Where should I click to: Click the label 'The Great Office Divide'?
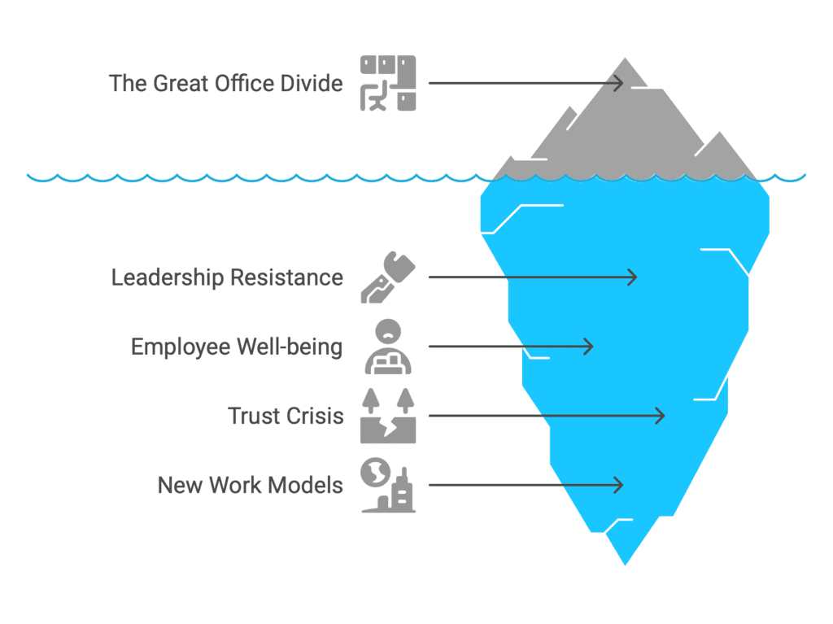pyautogui.click(x=226, y=84)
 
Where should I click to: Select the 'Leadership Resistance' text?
pyautogui.click(x=227, y=277)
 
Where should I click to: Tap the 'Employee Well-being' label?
pyautogui.click(x=237, y=347)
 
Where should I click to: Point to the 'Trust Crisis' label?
pyautogui.click(x=286, y=417)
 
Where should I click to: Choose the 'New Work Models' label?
pyautogui.click(x=251, y=485)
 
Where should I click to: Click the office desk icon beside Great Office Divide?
pyautogui.click(x=388, y=83)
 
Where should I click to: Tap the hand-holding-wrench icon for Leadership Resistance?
pyautogui.click(x=388, y=277)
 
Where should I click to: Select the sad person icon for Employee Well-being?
pyautogui.click(x=388, y=347)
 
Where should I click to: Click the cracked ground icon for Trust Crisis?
pyautogui.click(x=388, y=416)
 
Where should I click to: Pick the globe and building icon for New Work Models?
pyautogui.click(x=388, y=485)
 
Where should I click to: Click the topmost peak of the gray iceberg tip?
pyautogui.click(x=626, y=58)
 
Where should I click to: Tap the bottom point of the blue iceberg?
pyautogui.click(x=626, y=565)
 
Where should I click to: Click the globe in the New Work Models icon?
pyautogui.click(x=376, y=472)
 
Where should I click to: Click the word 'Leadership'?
pyautogui.click(x=168, y=277)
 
